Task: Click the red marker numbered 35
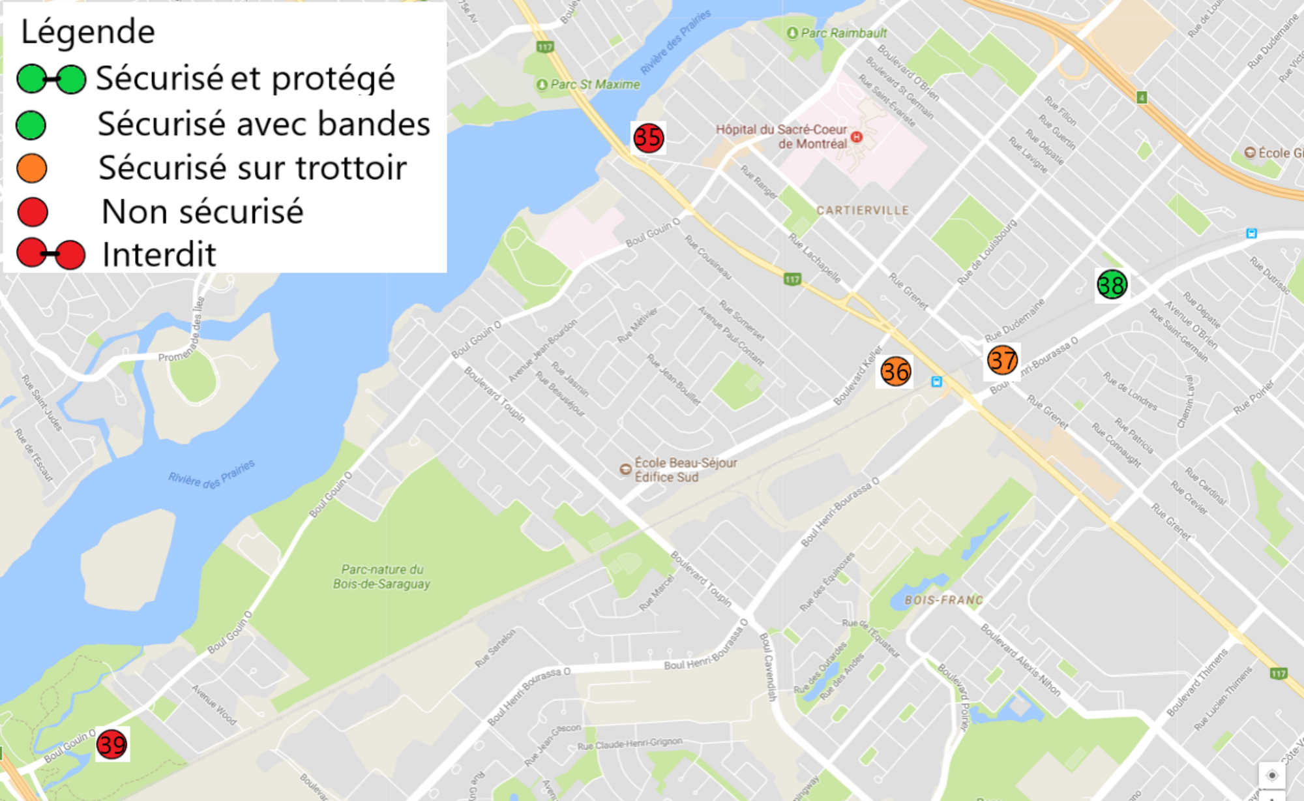coord(648,138)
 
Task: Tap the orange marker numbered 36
coord(895,372)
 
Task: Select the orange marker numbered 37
coord(1002,360)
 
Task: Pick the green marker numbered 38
coord(1112,285)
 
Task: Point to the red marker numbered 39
coord(111,744)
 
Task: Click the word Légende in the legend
coord(88,32)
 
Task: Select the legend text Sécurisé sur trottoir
coord(252,168)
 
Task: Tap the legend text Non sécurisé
coord(202,212)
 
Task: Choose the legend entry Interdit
coord(158,254)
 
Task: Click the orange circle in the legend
coord(32,168)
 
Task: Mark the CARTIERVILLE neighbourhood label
coord(863,211)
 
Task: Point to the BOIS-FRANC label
coord(943,600)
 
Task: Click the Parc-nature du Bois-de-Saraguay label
coord(381,577)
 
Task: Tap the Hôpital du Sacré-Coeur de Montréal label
coord(781,136)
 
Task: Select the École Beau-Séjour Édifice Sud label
coord(685,470)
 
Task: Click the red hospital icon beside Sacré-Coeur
coord(857,137)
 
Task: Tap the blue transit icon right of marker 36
coord(937,382)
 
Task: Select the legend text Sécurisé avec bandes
coord(263,124)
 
